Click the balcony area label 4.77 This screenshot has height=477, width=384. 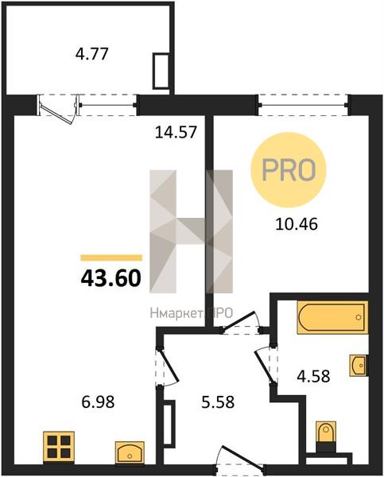[x=92, y=55]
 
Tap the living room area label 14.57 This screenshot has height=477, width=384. [x=176, y=132]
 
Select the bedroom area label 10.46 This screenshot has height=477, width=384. [x=297, y=224]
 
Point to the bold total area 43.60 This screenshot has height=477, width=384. [x=111, y=279]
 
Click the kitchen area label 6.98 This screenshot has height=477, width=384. [x=98, y=401]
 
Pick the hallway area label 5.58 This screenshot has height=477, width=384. [x=218, y=401]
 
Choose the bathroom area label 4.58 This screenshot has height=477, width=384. [x=313, y=376]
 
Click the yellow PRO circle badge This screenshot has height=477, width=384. [x=288, y=170]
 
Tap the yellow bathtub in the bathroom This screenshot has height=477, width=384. [x=332, y=317]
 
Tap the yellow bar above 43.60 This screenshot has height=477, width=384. [x=111, y=258]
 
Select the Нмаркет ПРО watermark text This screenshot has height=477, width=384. [x=192, y=313]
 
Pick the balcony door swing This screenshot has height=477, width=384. [x=58, y=110]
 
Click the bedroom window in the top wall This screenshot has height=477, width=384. [x=304, y=105]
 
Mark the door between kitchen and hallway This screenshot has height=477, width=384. [x=166, y=366]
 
